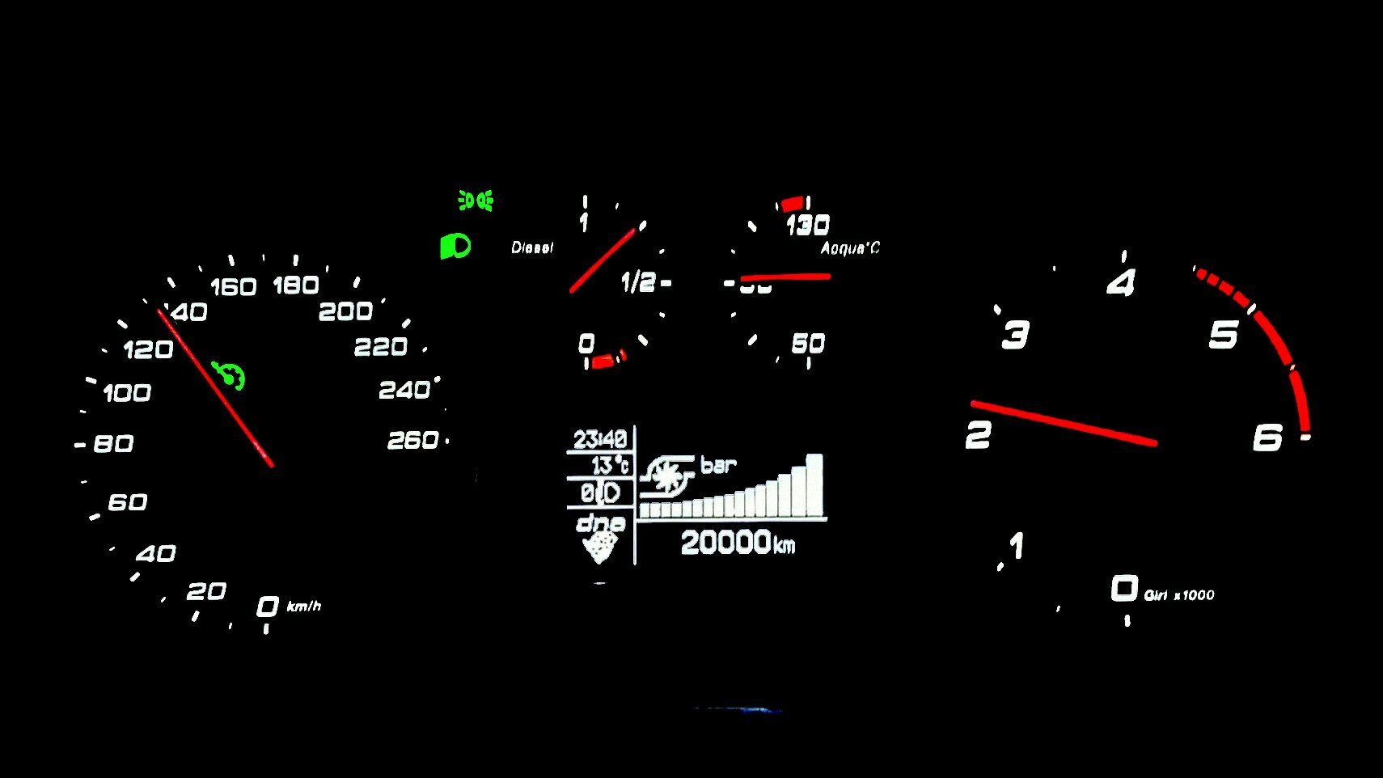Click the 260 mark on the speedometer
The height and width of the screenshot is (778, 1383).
(413, 441)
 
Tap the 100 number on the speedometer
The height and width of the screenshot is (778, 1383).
(128, 394)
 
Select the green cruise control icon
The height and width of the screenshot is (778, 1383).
(229, 374)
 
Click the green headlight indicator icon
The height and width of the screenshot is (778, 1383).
(455, 246)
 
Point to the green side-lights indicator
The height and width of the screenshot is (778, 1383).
(476, 200)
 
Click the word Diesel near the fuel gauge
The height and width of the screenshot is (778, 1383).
(532, 247)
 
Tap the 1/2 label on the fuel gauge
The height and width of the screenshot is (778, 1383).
(639, 282)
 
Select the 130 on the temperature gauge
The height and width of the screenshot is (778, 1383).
(808, 225)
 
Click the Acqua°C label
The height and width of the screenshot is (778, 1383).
(849, 248)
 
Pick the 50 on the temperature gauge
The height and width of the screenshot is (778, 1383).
(807, 344)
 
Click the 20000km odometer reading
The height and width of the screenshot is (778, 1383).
(738, 543)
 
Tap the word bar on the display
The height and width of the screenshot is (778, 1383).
(718, 465)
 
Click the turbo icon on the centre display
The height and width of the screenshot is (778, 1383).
(668, 476)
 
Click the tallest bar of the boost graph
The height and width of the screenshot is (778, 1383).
(814, 485)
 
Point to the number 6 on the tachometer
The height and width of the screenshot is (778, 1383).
(1267, 438)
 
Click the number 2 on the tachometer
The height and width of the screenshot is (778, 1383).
(978, 436)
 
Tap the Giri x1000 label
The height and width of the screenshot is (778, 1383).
(1179, 595)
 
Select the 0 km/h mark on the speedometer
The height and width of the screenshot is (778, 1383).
(268, 607)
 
